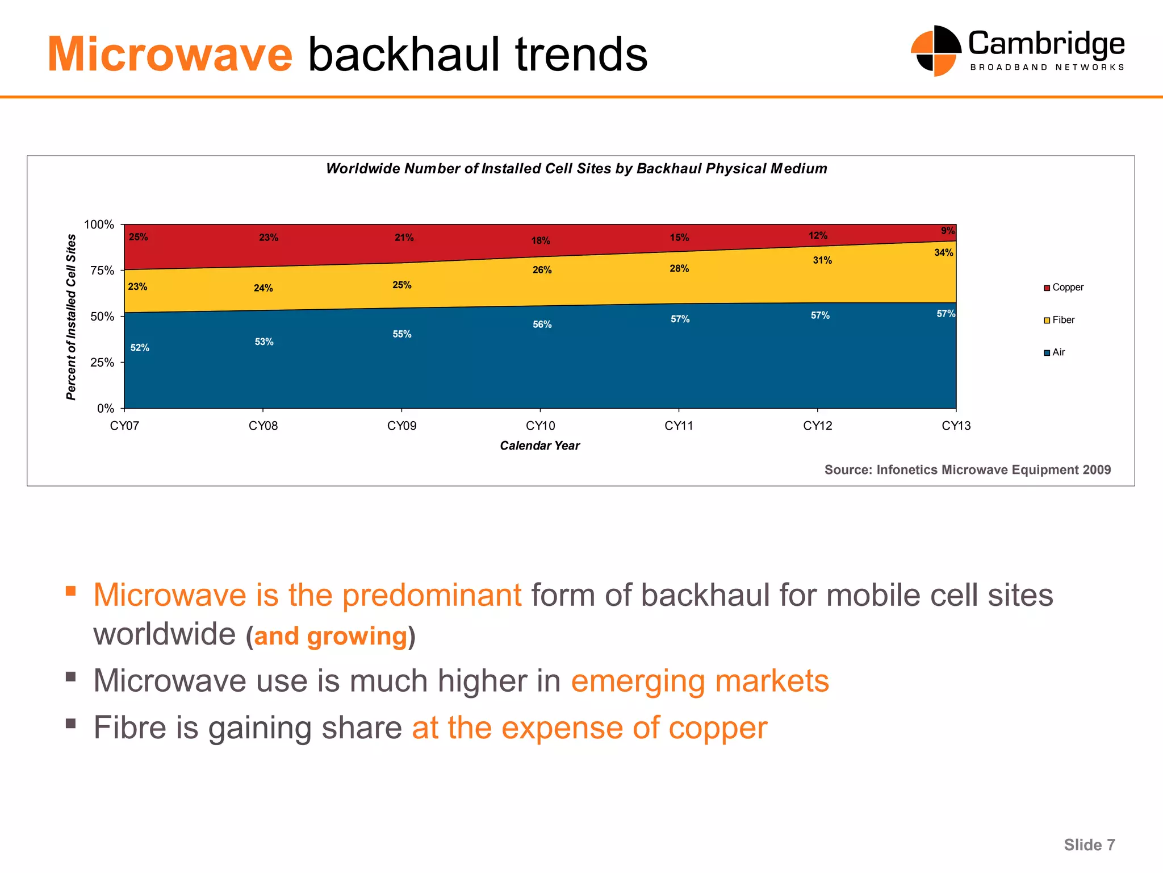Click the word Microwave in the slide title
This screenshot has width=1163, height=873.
169,55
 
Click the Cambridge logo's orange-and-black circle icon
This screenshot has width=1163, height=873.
935,51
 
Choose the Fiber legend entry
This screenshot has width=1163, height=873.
1060,320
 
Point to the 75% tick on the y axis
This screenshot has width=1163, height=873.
103,271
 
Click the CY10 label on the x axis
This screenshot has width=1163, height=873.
540,426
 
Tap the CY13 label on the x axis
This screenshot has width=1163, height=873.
956,426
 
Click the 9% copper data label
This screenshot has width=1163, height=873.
947,231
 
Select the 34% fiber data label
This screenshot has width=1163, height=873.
943,252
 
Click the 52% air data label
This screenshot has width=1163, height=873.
140,348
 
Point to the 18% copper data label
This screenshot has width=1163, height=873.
540,241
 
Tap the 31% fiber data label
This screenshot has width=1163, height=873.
822,260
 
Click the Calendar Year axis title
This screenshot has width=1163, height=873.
539,446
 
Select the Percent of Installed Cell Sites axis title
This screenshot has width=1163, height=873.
71,317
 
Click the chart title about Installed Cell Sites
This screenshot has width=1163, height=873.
576,169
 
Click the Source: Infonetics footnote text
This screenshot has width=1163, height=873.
967,470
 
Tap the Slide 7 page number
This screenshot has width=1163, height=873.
1089,845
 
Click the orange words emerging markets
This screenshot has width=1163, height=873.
700,681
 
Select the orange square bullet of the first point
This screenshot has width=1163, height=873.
70,591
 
